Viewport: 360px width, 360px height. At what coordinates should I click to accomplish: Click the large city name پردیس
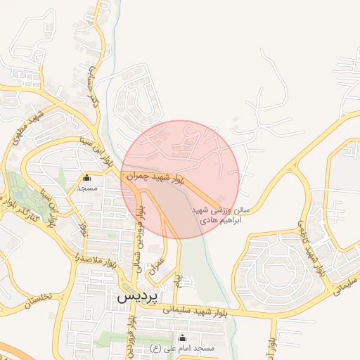[134, 297]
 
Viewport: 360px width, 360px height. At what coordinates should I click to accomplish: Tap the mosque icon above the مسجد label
[87, 178]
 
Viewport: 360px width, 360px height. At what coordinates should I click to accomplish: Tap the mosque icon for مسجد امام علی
[184, 337]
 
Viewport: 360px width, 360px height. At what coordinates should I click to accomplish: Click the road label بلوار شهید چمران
[154, 179]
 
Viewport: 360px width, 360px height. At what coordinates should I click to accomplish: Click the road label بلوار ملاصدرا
[91, 260]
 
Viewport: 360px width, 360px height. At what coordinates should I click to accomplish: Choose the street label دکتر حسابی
[94, 92]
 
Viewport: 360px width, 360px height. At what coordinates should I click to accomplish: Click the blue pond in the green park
[18, 191]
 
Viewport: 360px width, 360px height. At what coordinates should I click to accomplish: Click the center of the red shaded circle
[180, 179]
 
